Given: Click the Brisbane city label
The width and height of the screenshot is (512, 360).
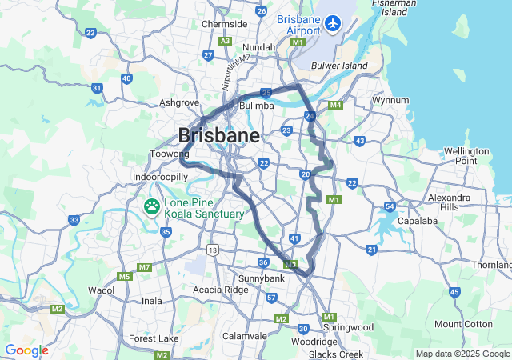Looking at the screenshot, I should coord(218,135).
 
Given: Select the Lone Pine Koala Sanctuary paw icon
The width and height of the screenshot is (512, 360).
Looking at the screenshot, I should coord(152,208).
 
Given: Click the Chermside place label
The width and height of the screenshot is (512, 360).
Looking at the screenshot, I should coord(224,24).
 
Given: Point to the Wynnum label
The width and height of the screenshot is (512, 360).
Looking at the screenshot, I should coord(390,101).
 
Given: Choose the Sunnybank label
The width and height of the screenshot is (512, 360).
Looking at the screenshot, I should coord(261,278).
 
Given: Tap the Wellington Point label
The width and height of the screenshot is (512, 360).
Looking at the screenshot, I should coord(466,156).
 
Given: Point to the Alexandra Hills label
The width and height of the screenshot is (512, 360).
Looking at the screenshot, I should coord(449,202).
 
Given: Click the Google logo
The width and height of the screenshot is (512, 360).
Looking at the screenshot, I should coord(26,350).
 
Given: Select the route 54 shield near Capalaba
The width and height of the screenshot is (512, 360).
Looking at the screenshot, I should coord(390,206).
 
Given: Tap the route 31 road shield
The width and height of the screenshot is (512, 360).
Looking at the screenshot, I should coord(97,88).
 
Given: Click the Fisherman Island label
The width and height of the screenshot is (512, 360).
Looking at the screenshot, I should coord(394,8).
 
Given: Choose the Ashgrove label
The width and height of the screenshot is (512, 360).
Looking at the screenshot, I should coord(178,102).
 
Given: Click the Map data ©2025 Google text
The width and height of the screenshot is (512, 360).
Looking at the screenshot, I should coord(462,354).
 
